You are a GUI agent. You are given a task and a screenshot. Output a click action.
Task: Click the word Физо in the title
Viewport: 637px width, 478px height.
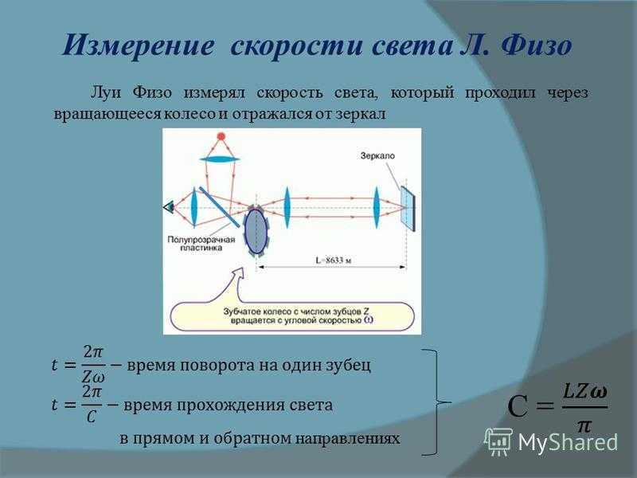[537, 45]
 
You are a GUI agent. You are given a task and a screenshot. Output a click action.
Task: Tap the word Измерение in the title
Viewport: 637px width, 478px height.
[138, 45]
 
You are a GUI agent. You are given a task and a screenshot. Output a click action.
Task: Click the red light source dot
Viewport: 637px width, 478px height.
[221, 136]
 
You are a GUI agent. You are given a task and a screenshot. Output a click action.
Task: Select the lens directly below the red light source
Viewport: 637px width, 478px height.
[220, 159]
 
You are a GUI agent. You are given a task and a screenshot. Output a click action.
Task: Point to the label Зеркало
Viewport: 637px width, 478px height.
[377, 155]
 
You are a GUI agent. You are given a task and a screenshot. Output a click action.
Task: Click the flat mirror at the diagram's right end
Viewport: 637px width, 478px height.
[408, 209]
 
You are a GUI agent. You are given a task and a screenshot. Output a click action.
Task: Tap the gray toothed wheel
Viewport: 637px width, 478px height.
[256, 230]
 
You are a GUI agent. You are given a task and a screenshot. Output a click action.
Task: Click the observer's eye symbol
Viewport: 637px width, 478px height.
[168, 207]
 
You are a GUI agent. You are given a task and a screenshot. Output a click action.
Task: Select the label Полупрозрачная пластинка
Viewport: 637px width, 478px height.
[201, 243]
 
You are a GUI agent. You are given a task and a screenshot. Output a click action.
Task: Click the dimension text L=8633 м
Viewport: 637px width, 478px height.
[333, 261]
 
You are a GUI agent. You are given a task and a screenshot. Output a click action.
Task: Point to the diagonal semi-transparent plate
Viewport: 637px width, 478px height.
[219, 207]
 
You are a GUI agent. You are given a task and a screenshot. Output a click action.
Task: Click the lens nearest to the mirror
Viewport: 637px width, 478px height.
[377, 207]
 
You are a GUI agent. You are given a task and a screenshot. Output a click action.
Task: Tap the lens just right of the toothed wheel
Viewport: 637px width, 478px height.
[287, 207]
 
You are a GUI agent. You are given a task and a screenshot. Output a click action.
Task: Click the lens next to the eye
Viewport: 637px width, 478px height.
[194, 207]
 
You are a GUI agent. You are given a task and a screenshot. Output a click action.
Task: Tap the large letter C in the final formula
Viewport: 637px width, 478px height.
[518, 406]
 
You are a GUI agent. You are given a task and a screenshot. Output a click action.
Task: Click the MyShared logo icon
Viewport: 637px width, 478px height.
[498, 442]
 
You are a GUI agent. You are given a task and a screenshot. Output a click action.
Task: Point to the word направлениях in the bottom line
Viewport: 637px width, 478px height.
[347, 439]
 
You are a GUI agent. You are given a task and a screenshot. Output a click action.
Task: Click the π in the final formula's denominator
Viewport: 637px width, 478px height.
[584, 425]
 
